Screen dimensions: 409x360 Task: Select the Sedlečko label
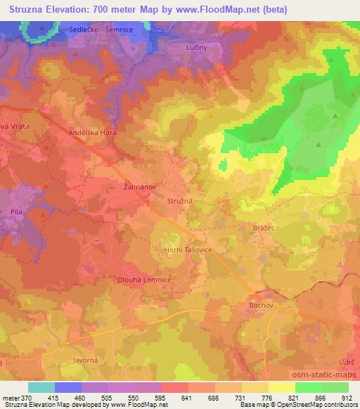pyautogui.click(x=84, y=30)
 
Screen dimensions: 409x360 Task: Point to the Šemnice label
pyautogui.click(x=119, y=30)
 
